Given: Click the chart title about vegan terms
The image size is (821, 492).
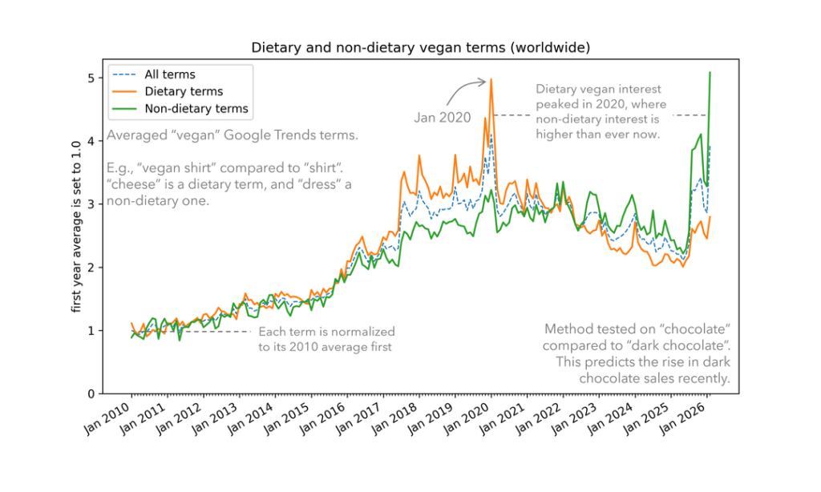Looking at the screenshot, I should click(421, 47).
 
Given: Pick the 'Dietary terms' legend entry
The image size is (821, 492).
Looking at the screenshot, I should click(184, 91).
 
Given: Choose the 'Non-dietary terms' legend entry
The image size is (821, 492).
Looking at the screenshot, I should click(196, 108).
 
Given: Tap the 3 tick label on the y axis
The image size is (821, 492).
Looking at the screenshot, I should click(91, 204).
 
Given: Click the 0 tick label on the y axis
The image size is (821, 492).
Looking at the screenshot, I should click(91, 393).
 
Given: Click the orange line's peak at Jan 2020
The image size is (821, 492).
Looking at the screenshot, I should click(491, 79).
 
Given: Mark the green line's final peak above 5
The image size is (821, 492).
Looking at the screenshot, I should click(710, 73).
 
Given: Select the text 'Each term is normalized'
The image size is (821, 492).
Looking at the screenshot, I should click(326, 331).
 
